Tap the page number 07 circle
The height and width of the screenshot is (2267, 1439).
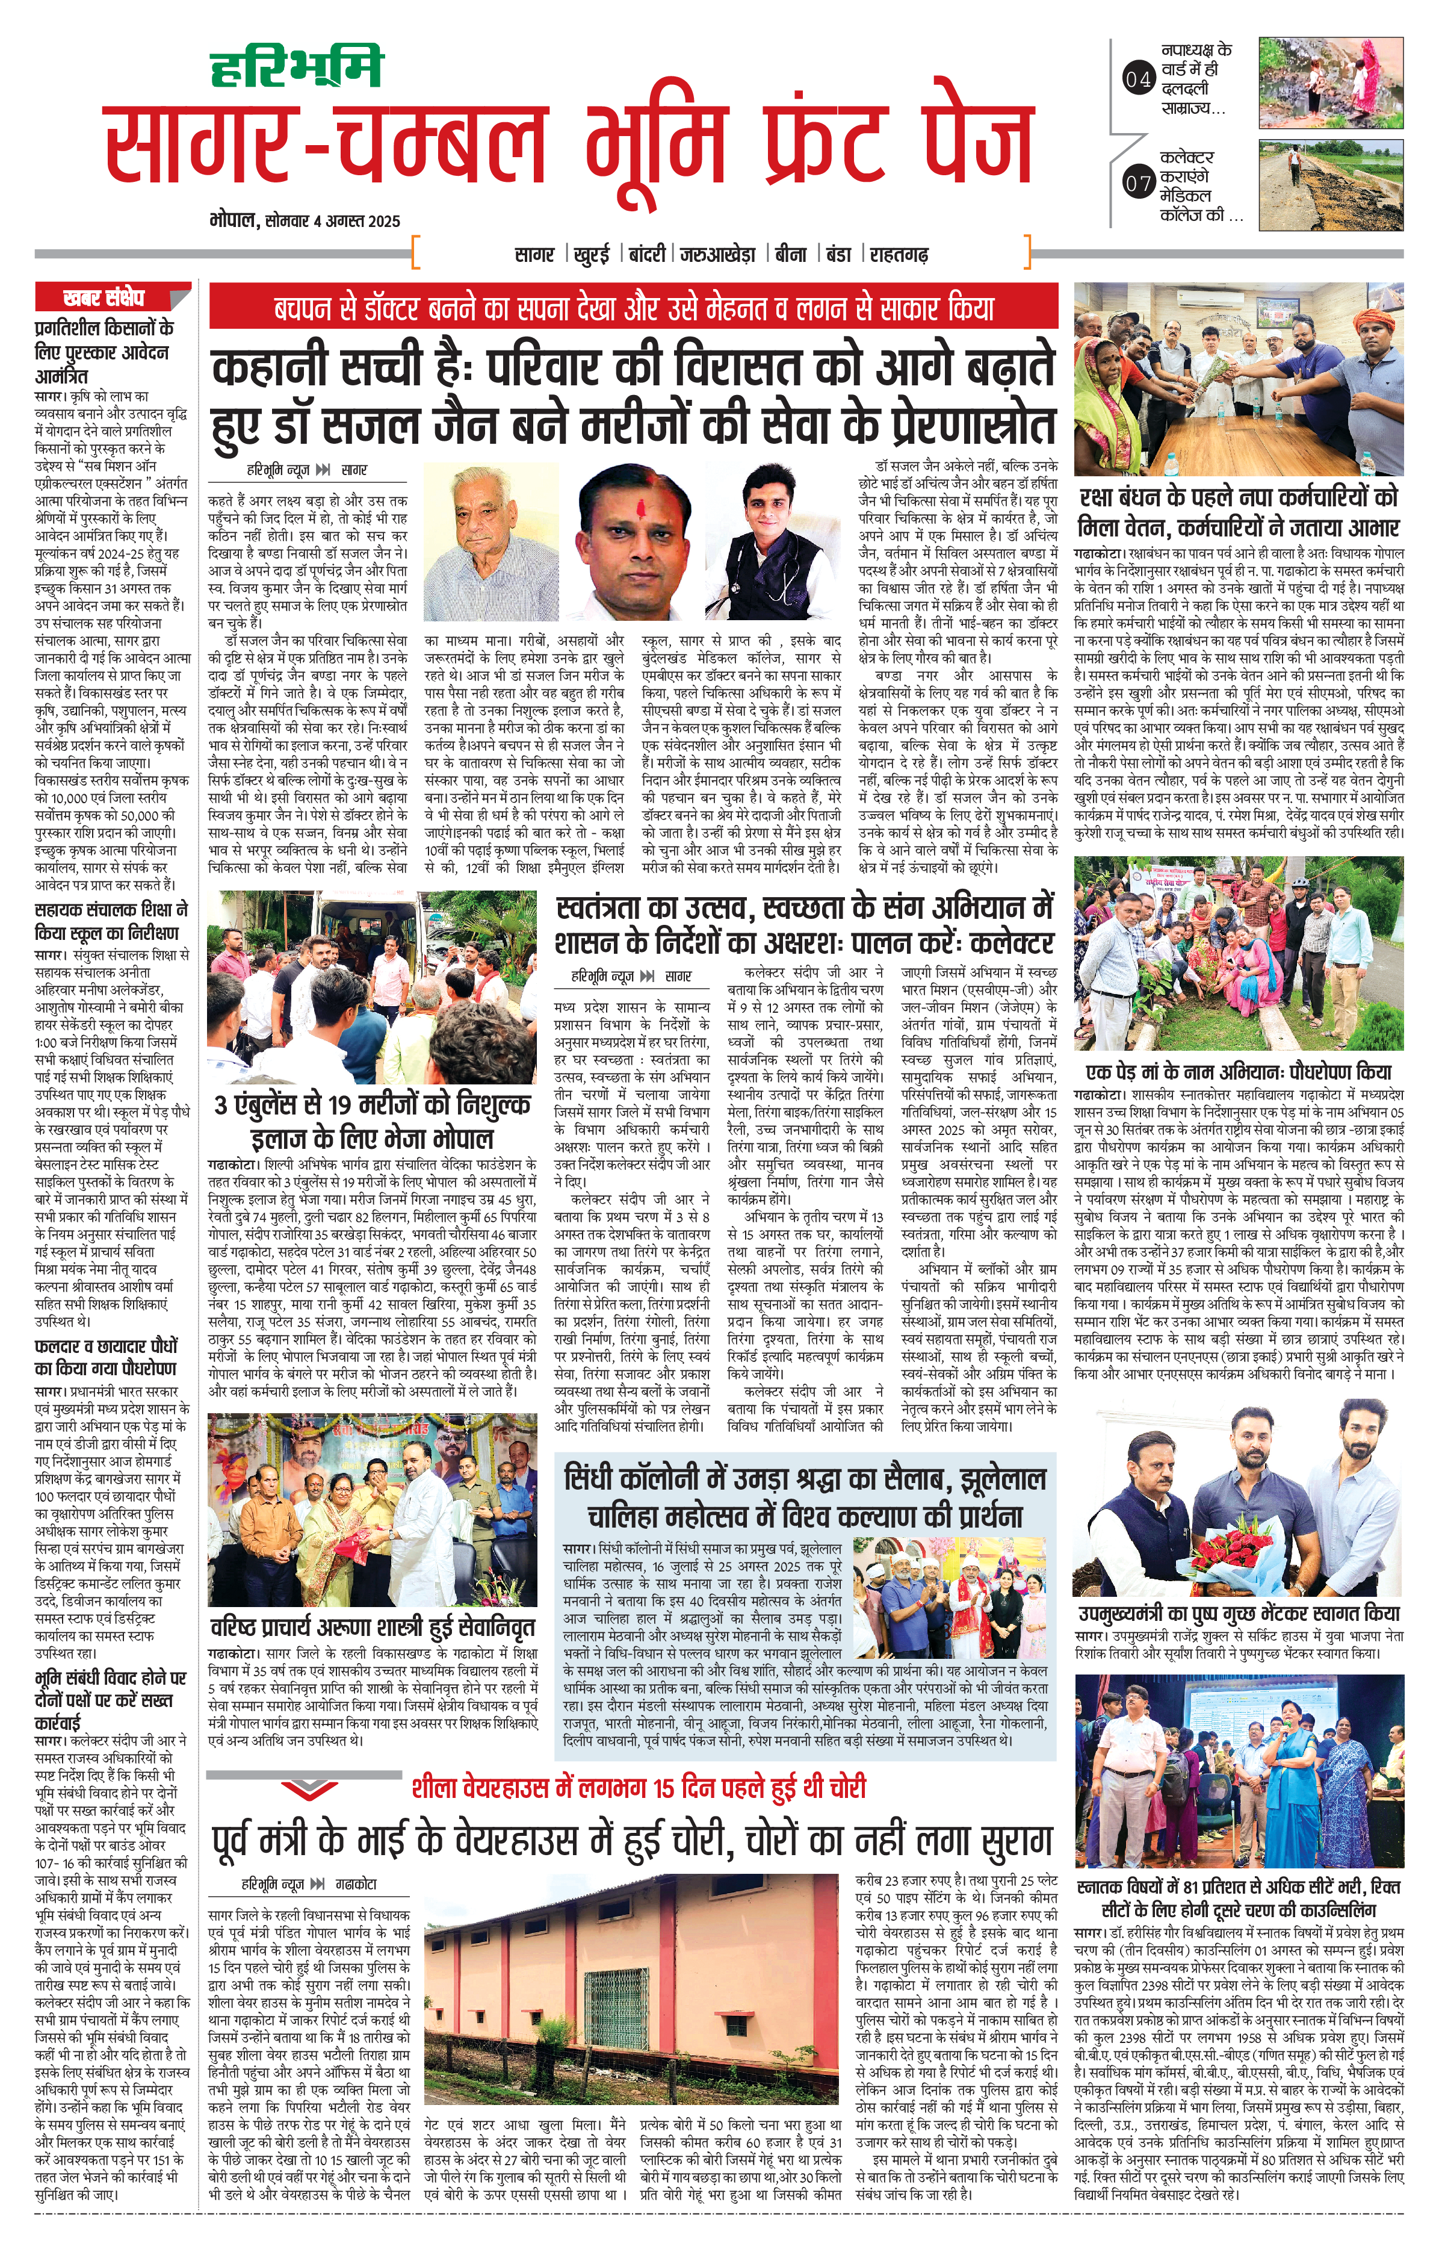tap(1138, 184)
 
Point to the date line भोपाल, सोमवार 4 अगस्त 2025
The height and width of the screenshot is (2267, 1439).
tap(305, 221)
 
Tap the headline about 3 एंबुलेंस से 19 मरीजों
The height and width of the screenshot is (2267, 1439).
tap(372, 1121)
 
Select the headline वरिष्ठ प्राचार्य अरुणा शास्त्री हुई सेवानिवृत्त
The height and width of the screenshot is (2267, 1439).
tap(373, 1628)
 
